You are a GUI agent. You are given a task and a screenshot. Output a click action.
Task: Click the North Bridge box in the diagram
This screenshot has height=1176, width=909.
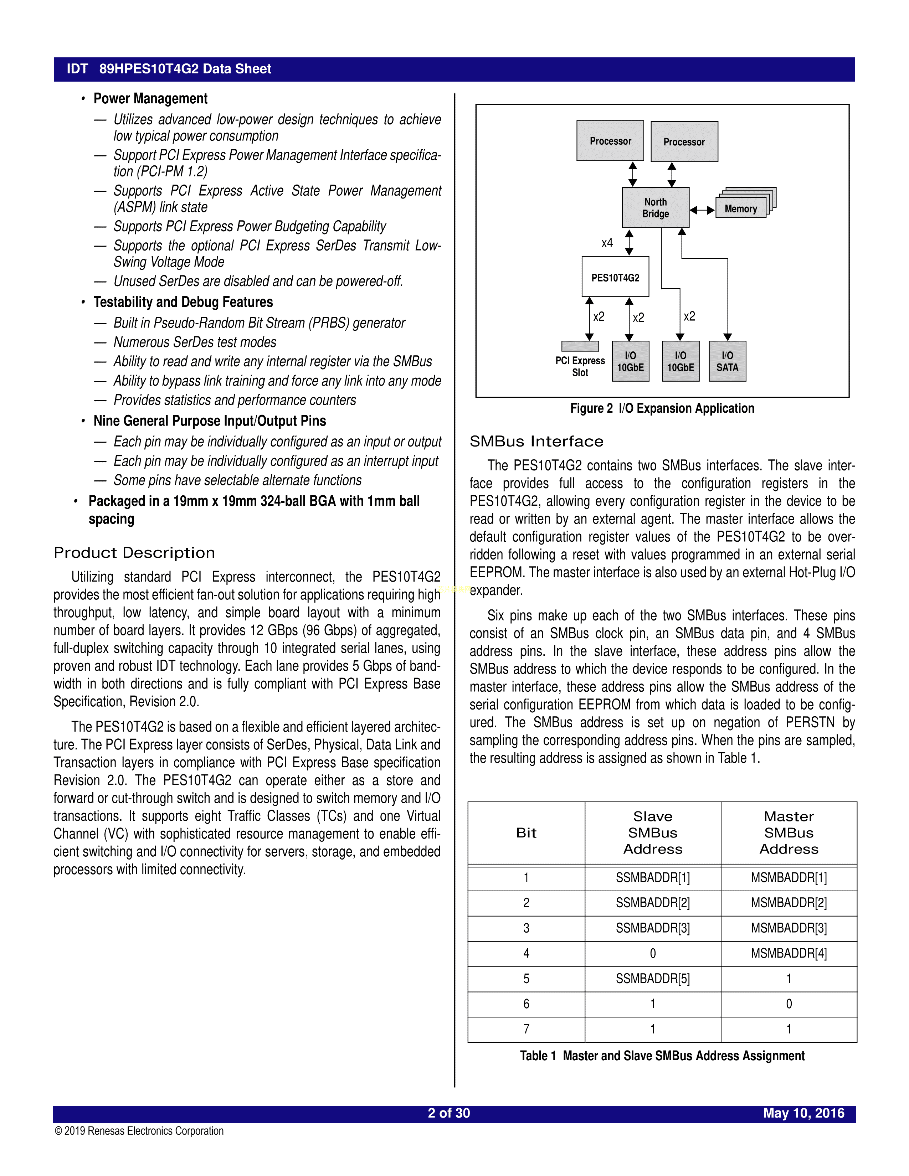pos(655,208)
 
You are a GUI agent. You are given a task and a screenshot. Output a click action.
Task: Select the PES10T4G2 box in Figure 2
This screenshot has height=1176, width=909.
pos(615,277)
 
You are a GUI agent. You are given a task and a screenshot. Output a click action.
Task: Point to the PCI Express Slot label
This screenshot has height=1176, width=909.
pos(580,367)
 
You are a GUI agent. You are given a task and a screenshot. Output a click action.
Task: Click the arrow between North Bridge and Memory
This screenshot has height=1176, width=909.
pos(702,210)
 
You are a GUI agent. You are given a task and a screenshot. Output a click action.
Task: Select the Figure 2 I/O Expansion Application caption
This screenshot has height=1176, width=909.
pos(662,409)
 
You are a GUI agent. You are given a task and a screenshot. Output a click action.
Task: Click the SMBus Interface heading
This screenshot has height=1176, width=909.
pos(536,442)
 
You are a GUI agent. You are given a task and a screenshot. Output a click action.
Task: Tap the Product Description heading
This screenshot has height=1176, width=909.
pos(134,553)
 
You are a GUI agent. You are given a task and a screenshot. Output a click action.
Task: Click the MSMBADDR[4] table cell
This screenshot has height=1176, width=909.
pos(789,954)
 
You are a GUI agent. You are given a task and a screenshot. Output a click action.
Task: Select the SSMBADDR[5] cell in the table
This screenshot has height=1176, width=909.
pos(653,979)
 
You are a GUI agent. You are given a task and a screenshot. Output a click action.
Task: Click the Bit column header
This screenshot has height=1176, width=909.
pos(526,833)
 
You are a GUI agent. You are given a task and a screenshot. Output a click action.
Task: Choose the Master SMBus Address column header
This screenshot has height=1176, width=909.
pos(789,833)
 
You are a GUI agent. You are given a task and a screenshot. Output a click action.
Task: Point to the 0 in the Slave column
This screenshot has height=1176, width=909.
pos(653,954)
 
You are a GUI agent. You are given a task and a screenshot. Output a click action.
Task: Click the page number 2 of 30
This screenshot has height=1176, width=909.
pos(448,1114)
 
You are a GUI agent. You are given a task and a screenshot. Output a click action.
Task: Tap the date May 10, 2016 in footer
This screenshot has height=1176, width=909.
pos(803,1114)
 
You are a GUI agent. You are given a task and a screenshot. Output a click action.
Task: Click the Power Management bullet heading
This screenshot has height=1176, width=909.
pos(150,99)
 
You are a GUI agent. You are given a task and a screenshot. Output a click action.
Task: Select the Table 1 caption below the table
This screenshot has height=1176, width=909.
pos(662,1056)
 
